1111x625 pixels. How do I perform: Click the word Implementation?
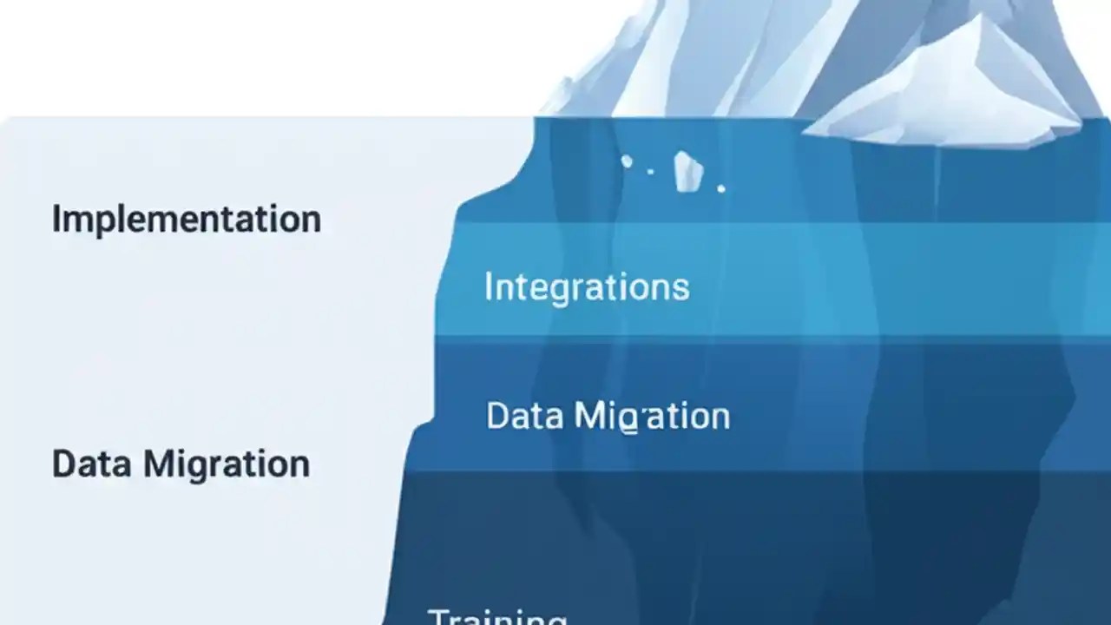pos(186,219)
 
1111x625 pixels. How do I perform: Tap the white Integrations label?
pos(587,286)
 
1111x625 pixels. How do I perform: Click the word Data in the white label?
pos(519,416)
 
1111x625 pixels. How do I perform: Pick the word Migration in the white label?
pos(652,417)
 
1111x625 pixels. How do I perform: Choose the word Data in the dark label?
pos(89,464)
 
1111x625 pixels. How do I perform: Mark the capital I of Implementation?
pos(56,218)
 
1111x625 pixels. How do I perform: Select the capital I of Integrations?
pos(488,286)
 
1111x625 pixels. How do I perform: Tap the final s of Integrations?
pos(681,287)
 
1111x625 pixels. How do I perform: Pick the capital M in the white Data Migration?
pos(589,416)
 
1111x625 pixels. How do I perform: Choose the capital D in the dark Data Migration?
pos(63,464)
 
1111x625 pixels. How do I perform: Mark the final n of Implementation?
pos(311,220)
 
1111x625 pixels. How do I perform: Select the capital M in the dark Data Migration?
pos(160,464)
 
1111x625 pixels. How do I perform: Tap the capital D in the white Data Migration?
pos(498,416)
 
